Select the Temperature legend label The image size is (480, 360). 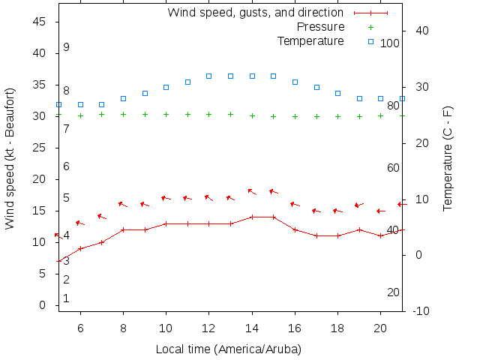point(310,40)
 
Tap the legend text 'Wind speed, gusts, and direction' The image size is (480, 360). point(255,13)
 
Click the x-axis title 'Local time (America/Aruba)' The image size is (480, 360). point(228,349)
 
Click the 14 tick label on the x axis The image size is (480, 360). point(252,328)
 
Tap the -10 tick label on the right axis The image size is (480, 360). point(421,310)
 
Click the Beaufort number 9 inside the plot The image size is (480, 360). point(66,47)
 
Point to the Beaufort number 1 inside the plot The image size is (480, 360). point(66,298)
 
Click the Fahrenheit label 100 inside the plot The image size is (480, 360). point(390,43)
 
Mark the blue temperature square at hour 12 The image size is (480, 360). point(209,76)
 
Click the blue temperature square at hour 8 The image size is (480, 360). point(123,98)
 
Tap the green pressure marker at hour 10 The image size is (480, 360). point(166,115)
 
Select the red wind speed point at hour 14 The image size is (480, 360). point(252,217)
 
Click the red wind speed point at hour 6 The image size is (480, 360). point(80,248)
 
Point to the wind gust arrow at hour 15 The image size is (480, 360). point(273,192)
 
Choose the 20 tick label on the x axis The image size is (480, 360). point(381,328)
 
